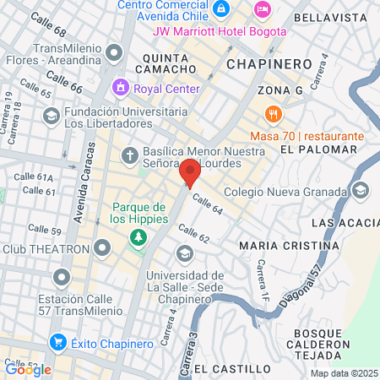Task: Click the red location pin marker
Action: point(190,172)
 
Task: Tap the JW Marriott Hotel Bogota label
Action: point(219,31)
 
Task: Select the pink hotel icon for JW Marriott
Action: point(263,8)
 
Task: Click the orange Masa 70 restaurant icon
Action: point(272,114)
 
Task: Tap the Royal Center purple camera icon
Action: point(122,87)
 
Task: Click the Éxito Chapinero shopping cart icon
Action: point(57,342)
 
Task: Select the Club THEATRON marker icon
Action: point(102,248)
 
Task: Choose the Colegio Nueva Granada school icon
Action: point(361,189)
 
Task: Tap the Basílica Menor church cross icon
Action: point(129,155)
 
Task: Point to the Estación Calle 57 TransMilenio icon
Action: point(61,277)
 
